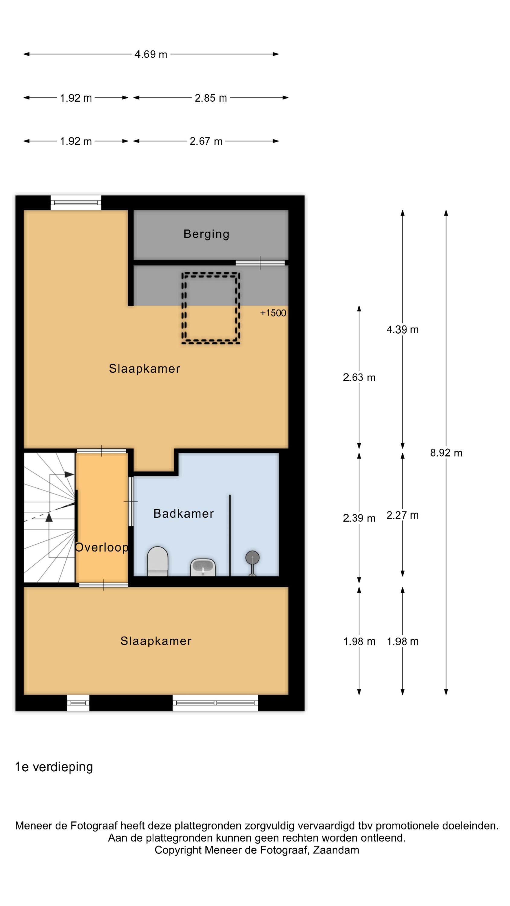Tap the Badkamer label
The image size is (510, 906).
coord(183,513)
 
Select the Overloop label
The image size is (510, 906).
coord(102,548)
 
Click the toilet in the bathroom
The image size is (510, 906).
coord(157,561)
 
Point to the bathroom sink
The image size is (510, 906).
coord(203,567)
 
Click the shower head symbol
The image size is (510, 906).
coord(252,563)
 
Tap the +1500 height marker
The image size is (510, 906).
coord(273,313)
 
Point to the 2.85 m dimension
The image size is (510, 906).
coord(211,98)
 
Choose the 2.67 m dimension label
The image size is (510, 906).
coord(206,141)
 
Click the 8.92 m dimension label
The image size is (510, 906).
coord(446,453)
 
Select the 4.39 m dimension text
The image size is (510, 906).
coord(402,329)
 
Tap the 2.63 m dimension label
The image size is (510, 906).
coord(359,377)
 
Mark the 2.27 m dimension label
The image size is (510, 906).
coord(402,515)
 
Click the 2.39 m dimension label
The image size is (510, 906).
coord(359,518)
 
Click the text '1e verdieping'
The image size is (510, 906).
coord(54,767)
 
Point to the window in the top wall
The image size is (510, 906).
coord(76,203)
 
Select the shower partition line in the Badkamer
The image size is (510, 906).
coord(230,535)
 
